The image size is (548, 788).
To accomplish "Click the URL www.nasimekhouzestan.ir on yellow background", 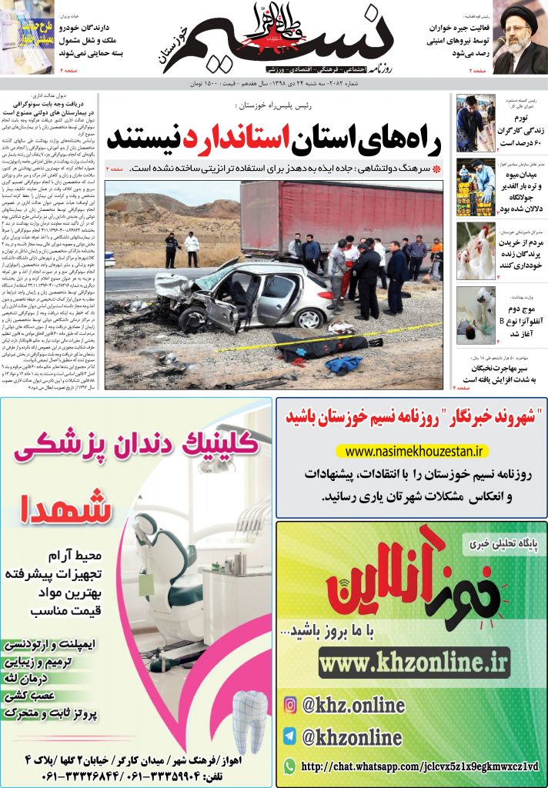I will point(413,451).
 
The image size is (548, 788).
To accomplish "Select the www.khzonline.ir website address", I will point(413,661).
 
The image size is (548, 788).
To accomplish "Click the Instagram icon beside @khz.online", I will point(290,704).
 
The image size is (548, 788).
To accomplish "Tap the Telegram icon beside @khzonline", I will point(290,736).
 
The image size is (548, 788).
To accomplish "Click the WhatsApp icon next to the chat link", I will point(290,766).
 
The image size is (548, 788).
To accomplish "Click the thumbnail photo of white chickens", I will point(476,252).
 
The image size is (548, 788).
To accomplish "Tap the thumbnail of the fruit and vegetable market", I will point(476,187).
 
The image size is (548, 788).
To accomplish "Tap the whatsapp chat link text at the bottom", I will point(420,766).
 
